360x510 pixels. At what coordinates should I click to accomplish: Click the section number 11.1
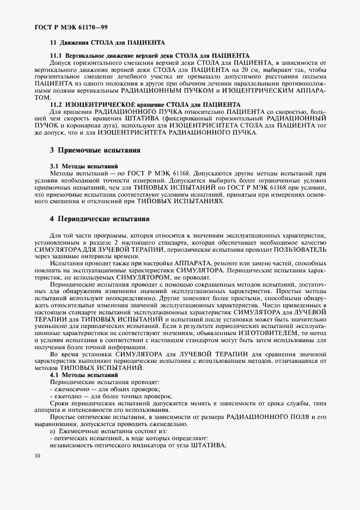click(56, 56)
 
